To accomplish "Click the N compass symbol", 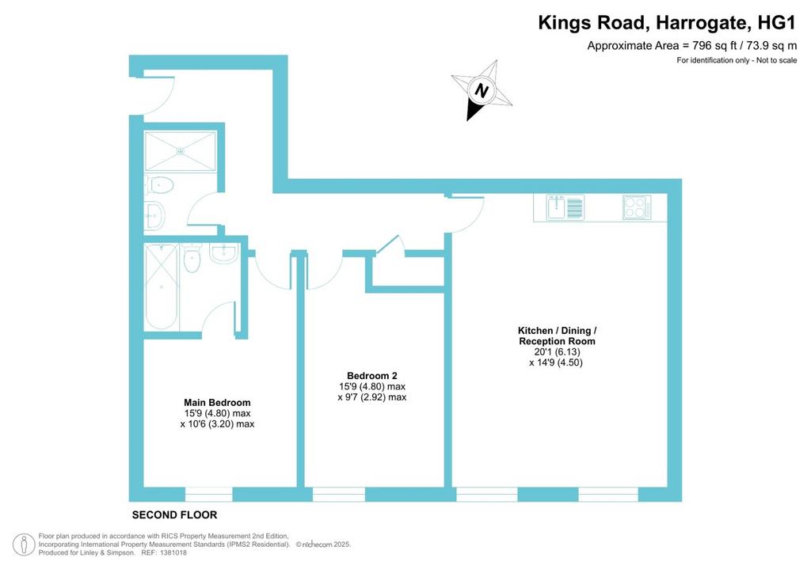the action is coord(482,91).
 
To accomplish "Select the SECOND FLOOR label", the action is coord(174,514).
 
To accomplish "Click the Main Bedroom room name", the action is coord(217,403).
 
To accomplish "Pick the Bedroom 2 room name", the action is coord(372,376).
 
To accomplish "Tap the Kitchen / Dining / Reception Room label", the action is coord(557,336).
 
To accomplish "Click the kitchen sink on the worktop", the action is coord(565,207).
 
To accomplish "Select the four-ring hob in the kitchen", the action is coord(637,207).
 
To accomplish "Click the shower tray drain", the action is coord(181,151).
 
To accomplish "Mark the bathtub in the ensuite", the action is coord(162,286).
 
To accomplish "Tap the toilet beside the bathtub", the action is coord(192,257).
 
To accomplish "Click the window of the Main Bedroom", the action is coord(208,495).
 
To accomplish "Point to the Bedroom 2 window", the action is coord(339,495).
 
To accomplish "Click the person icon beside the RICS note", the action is coord(24,545).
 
